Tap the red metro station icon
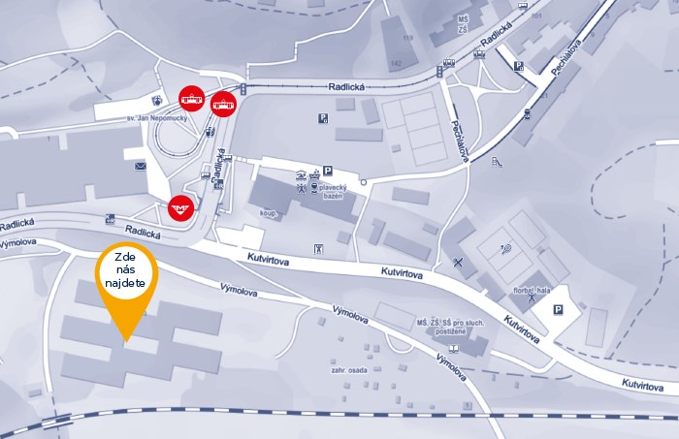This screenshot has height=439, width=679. [x=179, y=206]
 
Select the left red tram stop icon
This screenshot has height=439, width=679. [x=191, y=98]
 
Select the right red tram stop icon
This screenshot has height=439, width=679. [x=223, y=103]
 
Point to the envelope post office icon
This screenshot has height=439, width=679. [x=141, y=168]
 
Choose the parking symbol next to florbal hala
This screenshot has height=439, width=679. [x=558, y=310]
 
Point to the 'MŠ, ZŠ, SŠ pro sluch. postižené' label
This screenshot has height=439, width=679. [x=450, y=327]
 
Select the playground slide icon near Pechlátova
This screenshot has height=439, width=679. [x=501, y=162]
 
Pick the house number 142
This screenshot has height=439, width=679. [x=396, y=63]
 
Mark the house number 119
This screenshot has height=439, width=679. [x=407, y=39]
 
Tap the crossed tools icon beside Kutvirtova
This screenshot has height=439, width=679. [x=457, y=261]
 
